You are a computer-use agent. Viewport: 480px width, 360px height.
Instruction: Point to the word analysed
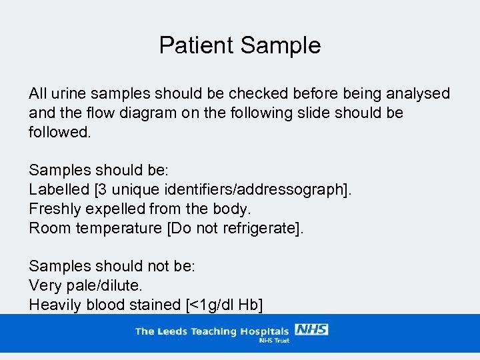tap(416, 94)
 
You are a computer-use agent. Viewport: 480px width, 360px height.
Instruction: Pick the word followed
tap(59, 132)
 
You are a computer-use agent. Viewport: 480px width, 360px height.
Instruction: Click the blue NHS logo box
tap(311, 330)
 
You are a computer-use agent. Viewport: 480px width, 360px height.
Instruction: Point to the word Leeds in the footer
tap(171, 331)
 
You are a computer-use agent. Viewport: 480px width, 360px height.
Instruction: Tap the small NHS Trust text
tap(273, 340)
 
